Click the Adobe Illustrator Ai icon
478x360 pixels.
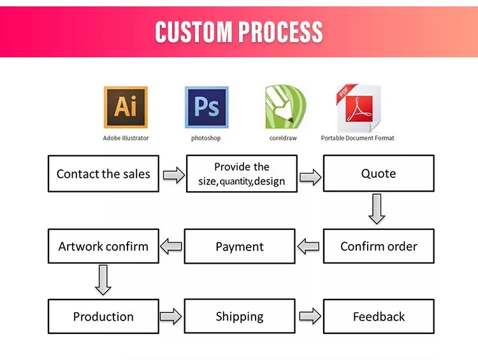pyautogui.click(x=126, y=107)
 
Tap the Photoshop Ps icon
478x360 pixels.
pyautogui.click(x=206, y=107)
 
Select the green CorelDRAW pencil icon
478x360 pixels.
pyautogui.click(x=286, y=106)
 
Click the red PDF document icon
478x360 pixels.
pyautogui.click(x=358, y=108)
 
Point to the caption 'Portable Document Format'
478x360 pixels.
pyautogui.click(x=358, y=138)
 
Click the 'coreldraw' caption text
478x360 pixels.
pyautogui.click(x=283, y=138)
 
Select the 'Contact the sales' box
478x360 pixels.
pyautogui.click(x=103, y=173)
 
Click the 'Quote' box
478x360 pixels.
pyautogui.click(x=379, y=173)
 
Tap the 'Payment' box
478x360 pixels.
pyautogui.click(x=240, y=247)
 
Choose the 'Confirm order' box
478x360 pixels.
pyautogui.click(x=379, y=246)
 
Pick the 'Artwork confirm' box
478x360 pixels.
pyautogui.click(x=103, y=246)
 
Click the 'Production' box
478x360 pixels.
pyautogui.click(x=103, y=317)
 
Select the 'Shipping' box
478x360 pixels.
pyautogui.click(x=240, y=316)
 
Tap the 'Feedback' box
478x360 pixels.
pyautogui.click(x=379, y=317)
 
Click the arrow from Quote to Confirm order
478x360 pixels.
pyautogui.click(x=377, y=209)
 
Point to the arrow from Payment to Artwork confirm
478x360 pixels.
pyautogui.click(x=171, y=247)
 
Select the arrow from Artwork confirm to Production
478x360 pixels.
pyautogui.click(x=103, y=280)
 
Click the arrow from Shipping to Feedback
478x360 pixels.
pyautogui.click(x=310, y=316)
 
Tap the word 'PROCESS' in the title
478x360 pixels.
pyautogui.click(x=280, y=32)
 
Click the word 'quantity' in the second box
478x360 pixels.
pyautogui.click(x=236, y=182)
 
